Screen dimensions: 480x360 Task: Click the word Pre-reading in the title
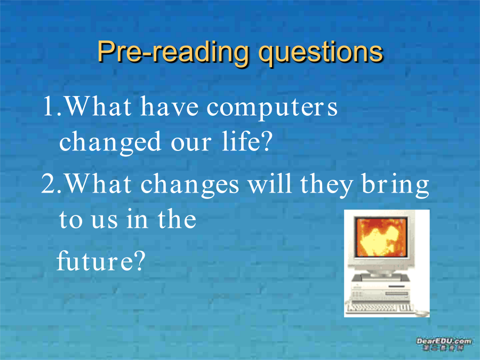[173, 52]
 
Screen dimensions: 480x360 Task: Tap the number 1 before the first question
[49, 106]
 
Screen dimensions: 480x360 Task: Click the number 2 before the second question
[49, 183]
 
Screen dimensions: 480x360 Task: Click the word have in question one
[169, 106]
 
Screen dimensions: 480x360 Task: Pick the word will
[269, 183]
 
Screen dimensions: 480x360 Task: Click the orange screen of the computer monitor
[381, 237]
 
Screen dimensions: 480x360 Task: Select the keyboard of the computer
[380, 308]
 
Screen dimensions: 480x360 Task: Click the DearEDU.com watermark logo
[444, 344]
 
